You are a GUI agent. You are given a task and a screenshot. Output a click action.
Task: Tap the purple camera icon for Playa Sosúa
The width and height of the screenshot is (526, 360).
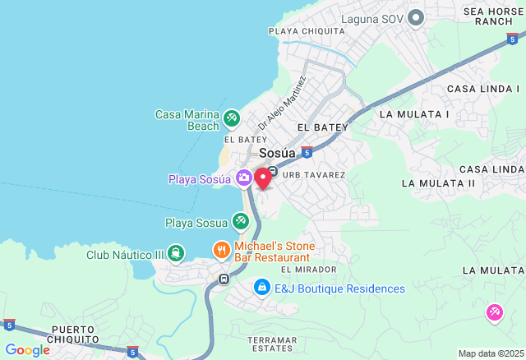point(244,178)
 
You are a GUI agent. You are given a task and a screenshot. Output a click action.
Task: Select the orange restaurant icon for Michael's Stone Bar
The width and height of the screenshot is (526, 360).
point(220,248)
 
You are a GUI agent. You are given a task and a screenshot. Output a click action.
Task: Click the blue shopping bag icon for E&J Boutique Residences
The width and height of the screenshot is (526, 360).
point(261,288)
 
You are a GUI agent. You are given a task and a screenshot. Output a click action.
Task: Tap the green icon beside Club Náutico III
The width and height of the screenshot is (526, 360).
point(175,253)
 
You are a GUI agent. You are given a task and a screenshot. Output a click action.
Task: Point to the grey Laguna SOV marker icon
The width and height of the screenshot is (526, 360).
point(416,17)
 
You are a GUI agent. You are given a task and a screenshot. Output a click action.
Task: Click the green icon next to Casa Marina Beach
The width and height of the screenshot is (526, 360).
point(232,119)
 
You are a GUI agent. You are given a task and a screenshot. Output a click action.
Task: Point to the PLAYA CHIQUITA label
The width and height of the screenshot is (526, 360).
point(307,31)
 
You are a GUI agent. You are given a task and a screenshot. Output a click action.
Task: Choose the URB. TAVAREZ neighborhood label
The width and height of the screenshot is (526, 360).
point(314,175)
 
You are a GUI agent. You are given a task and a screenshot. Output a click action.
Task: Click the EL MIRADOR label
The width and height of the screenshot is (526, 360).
point(308,269)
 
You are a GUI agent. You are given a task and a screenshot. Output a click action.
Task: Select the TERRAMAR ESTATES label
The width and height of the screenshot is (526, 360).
point(272,344)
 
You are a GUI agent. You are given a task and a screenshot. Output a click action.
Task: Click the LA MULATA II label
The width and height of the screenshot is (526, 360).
point(438,182)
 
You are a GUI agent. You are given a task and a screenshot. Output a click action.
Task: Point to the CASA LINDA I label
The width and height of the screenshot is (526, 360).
point(483,88)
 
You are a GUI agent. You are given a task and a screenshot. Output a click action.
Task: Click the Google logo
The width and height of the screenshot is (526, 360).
point(27,350)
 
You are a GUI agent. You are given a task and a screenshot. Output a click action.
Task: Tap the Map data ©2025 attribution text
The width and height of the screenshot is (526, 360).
point(490,353)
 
